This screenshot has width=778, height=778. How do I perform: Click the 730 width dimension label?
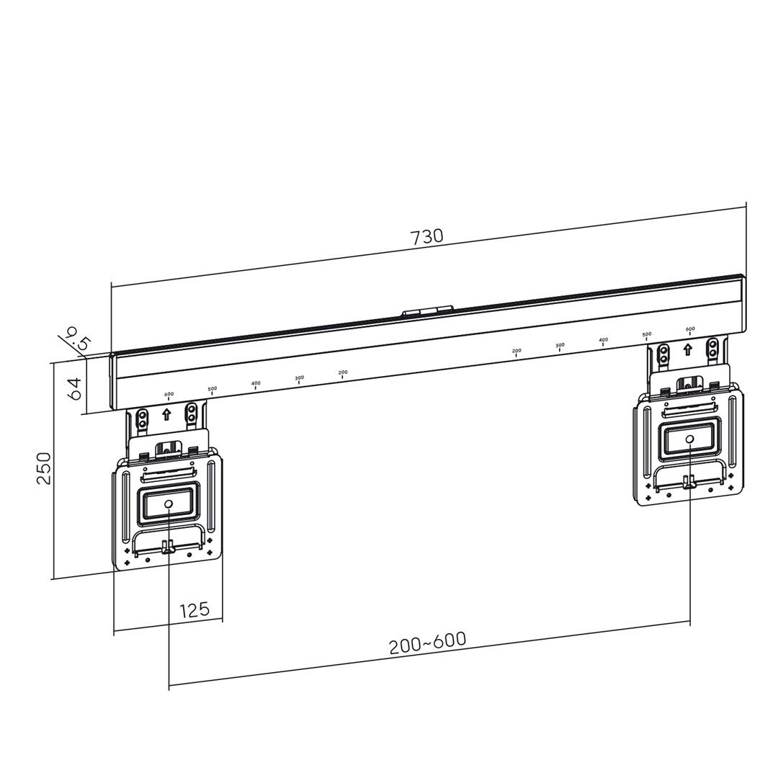tap(426, 236)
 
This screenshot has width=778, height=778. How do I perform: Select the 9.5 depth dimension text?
tap(76, 339)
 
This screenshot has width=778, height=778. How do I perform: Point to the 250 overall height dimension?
tap(44, 468)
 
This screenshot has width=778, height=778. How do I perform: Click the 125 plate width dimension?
tap(194, 610)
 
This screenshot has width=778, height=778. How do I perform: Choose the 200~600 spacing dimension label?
tap(428, 643)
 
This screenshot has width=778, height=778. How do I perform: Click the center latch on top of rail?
tap(427, 310)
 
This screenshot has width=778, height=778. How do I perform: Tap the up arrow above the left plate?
tap(166, 414)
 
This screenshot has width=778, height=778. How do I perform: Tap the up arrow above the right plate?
tap(688, 349)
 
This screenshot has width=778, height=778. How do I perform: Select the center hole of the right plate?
tap(689, 438)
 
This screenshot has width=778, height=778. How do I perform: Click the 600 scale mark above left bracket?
tap(169, 395)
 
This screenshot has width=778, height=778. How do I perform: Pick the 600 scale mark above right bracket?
tap(690, 330)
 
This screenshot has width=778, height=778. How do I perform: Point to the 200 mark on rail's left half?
tap(343, 374)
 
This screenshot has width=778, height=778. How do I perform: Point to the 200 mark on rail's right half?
tap(517, 352)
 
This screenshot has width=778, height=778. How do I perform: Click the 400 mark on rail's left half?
tap(256, 385)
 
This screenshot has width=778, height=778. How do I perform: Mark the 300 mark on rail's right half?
tap(560, 346)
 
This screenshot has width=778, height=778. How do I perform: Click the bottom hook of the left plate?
tap(168, 547)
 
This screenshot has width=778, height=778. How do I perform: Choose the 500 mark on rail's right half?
tap(647, 336)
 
